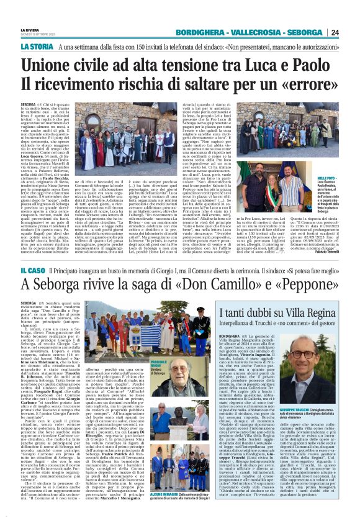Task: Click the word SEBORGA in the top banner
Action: pos(306,32)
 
